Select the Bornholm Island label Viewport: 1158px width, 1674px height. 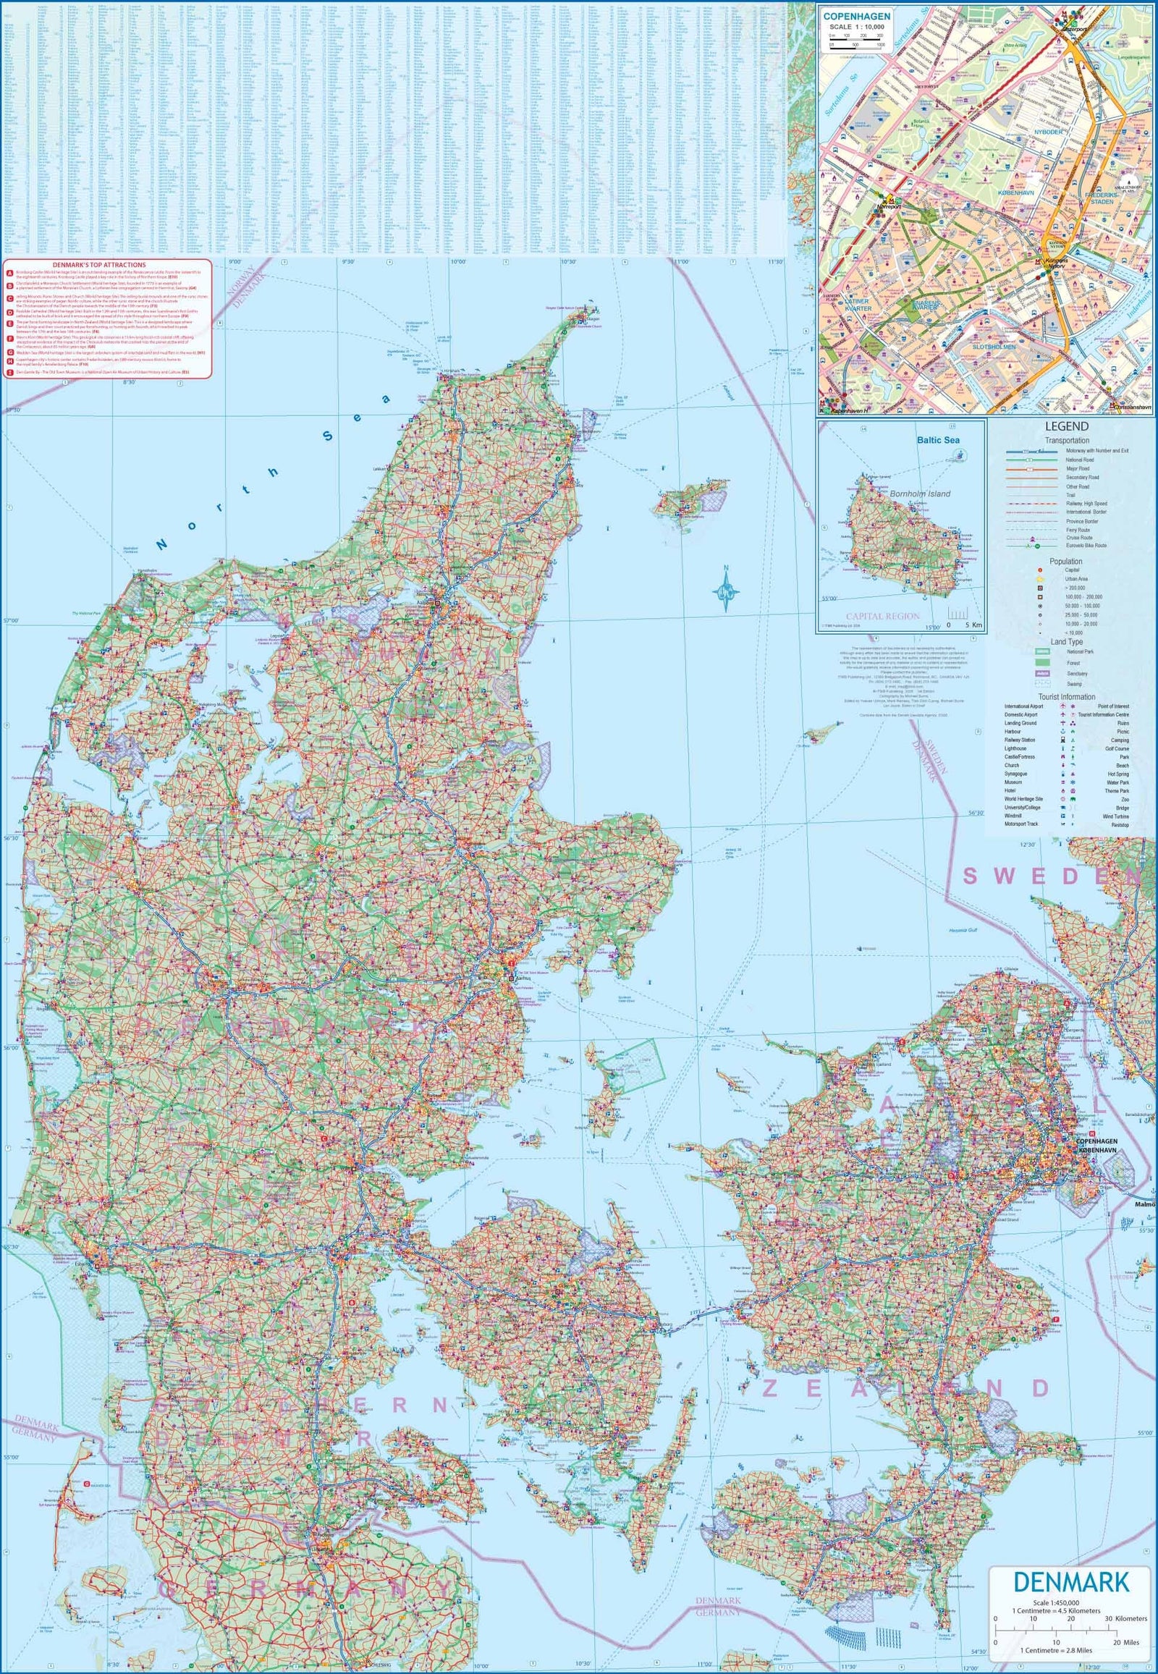(920, 494)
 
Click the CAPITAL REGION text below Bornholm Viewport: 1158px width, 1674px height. (882, 615)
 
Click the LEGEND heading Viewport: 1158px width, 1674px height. (1067, 427)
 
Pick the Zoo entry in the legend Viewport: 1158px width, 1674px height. (1125, 799)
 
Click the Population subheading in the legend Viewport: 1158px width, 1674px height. (1065, 561)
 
